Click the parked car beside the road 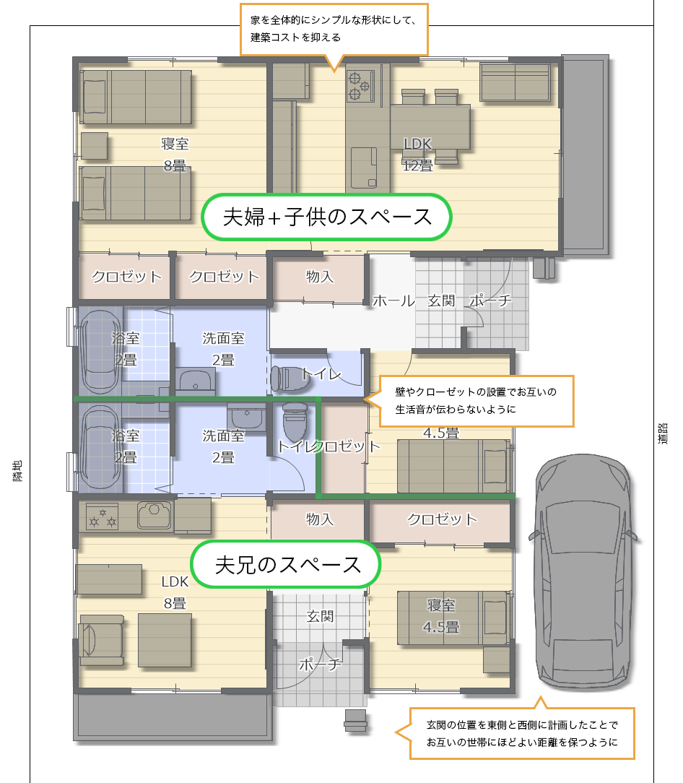click(x=583, y=570)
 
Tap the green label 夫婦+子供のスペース click(x=326, y=217)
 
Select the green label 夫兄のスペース click(x=286, y=564)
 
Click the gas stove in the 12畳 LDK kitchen click(x=361, y=85)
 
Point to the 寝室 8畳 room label click(x=175, y=155)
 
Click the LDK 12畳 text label click(x=417, y=155)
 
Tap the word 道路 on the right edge click(x=663, y=433)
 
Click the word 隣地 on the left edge click(x=17, y=471)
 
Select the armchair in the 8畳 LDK click(x=101, y=640)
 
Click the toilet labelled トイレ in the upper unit click(x=289, y=378)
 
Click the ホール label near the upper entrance click(x=394, y=300)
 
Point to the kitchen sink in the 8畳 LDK click(x=155, y=514)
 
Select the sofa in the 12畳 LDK click(x=515, y=82)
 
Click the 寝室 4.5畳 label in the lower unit click(x=441, y=615)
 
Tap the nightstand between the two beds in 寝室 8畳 click(x=95, y=146)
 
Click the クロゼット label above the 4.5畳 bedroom click(x=442, y=519)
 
